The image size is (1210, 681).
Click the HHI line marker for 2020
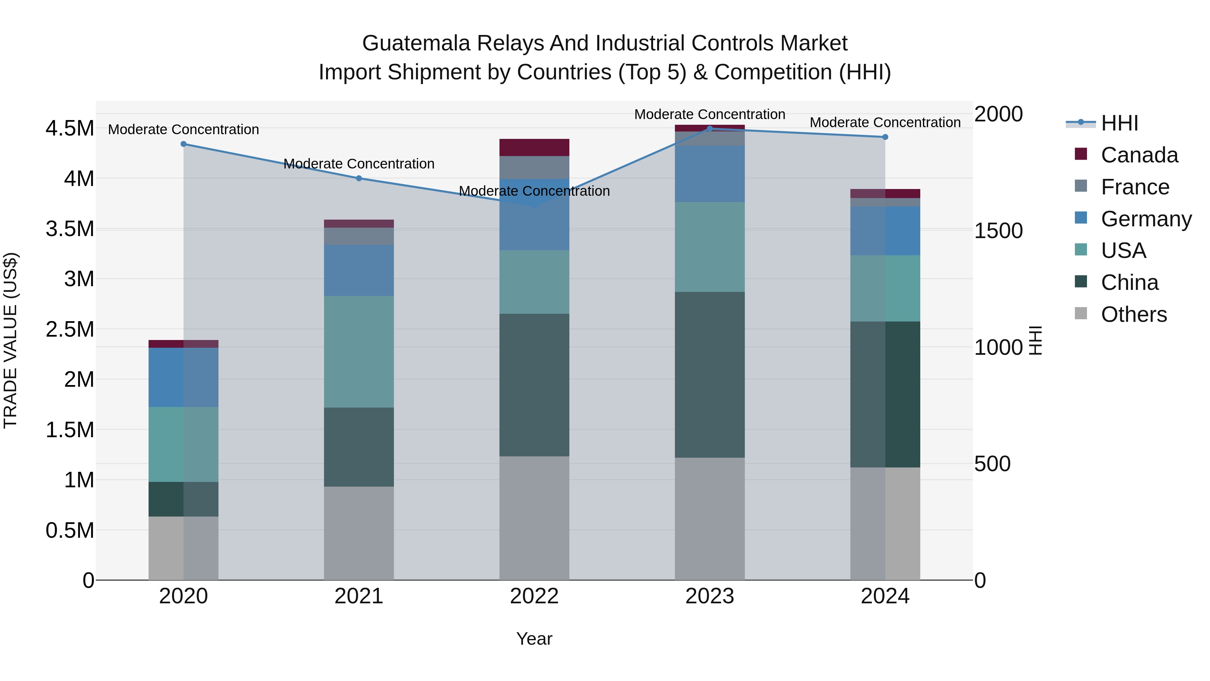click(x=183, y=144)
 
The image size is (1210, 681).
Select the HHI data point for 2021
click(x=359, y=178)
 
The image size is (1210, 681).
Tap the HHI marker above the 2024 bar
click(x=885, y=137)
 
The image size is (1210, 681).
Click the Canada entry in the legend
click(x=1139, y=155)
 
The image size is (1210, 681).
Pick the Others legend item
click(x=1133, y=314)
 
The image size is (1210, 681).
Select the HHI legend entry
click(x=1119, y=123)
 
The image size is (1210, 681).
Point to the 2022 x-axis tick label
click(x=534, y=596)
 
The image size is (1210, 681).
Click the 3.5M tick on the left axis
click(x=70, y=229)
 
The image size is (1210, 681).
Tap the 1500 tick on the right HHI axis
click(x=998, y=231)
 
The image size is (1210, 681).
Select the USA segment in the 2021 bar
click(x=359, y=351)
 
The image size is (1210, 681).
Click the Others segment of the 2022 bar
click(x=534, y=518)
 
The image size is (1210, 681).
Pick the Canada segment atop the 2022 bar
click(x=534, y=147)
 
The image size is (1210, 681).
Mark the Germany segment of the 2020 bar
click(x=183, y=377)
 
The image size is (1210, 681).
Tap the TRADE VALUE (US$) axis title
click(x=10, y=340)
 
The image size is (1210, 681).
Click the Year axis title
click(x=534, y=639)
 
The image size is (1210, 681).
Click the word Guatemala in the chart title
click(x=415, y=43)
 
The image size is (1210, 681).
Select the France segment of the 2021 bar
click(x=359, y=236)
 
